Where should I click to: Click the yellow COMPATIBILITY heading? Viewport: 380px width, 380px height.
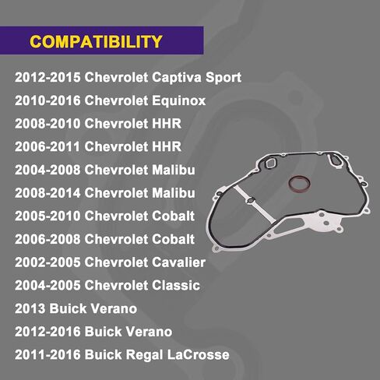pos(96,41)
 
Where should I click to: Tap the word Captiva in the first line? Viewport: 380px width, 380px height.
pos(177,78)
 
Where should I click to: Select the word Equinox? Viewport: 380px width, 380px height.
pos(179,100)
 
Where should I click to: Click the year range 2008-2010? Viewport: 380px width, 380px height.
pos(47,124)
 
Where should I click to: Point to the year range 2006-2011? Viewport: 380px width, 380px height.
pos(47,146)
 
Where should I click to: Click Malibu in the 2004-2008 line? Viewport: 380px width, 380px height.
pos(174,170)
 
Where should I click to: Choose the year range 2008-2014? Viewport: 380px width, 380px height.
pos(47,193)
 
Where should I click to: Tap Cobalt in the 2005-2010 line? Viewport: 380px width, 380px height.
pos(173,216)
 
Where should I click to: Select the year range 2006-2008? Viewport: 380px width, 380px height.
pos(47,239)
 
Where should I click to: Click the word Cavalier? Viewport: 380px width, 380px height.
pos(179,262)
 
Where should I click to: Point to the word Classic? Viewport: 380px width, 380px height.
pos(176,285)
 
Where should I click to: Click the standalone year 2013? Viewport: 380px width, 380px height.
pos(30,308)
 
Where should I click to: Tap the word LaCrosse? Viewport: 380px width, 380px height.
pos(198,355)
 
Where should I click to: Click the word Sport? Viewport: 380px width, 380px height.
pos(223,78)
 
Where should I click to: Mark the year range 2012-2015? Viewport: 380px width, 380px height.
pos(47,77)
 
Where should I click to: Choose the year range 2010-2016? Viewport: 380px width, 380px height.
pos(47,100)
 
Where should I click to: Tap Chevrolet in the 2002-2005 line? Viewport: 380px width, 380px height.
pos(116,262)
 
